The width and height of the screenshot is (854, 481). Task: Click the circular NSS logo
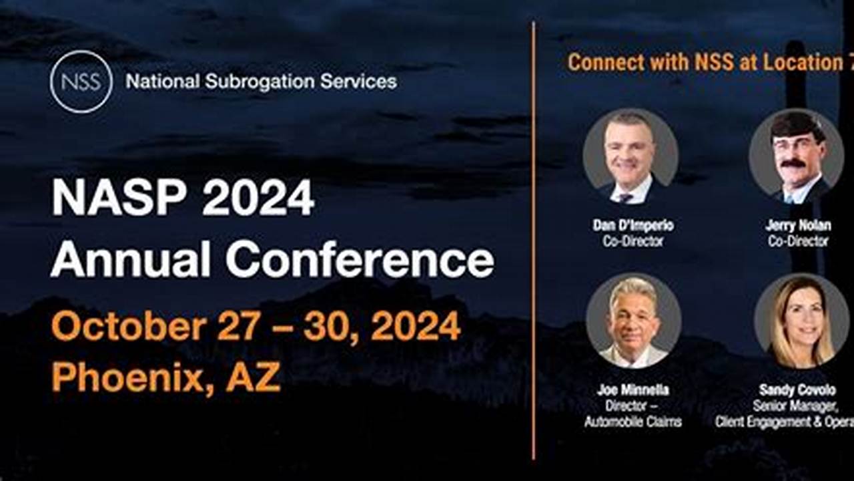81,82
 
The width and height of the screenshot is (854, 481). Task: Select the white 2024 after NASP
258,198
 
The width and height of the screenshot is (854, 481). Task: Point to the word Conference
360,260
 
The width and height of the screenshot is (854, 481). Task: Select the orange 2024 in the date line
415,327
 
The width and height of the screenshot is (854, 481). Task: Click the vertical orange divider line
534,240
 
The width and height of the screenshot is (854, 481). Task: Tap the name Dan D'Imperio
633,226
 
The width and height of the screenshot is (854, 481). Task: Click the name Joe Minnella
633,390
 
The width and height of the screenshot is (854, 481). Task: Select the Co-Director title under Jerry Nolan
798,241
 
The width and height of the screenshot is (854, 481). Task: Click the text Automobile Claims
633,422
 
